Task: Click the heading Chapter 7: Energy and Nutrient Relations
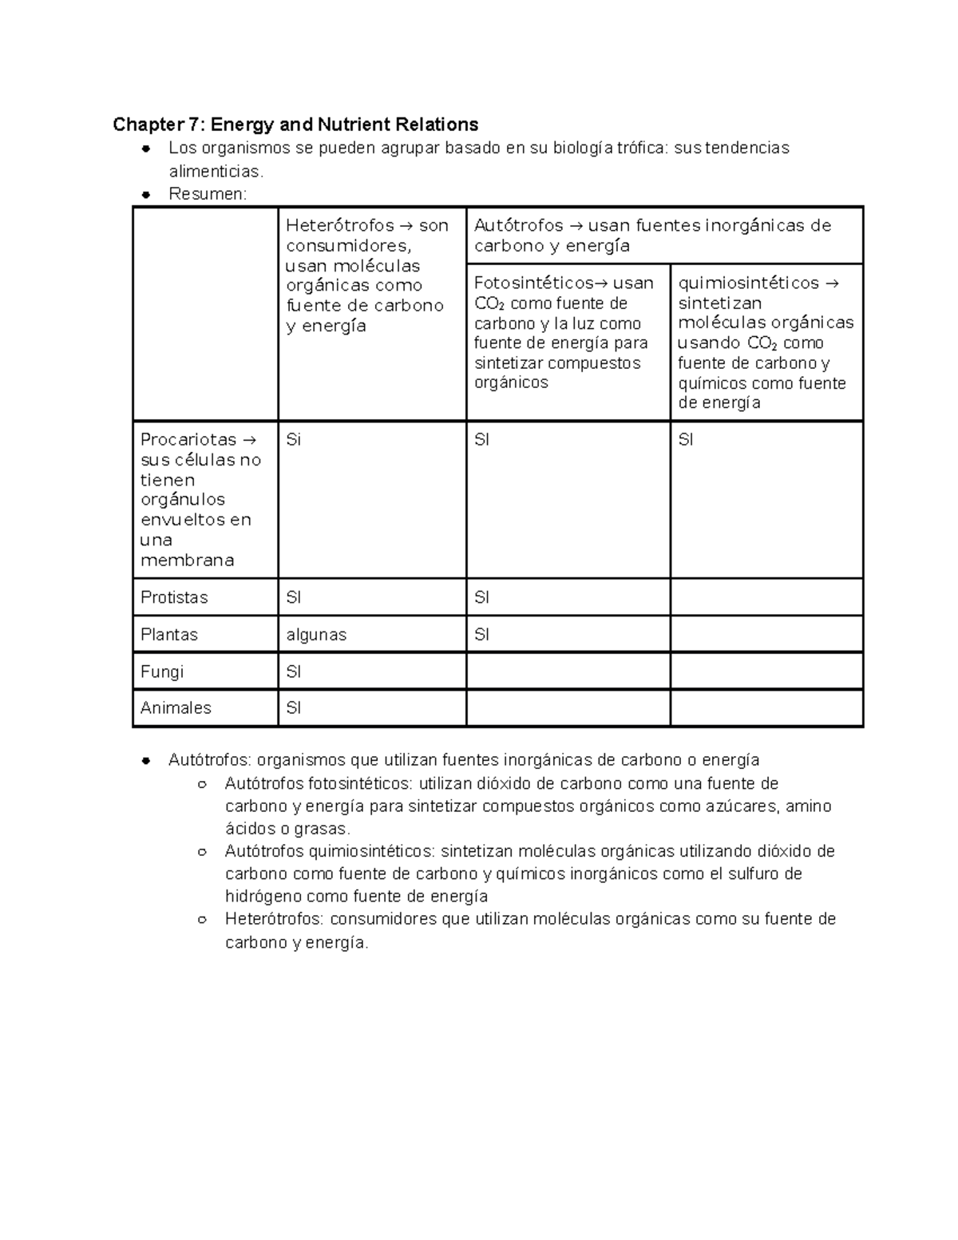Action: (x=295, y=125)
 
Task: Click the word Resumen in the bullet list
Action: (x=207, y=194)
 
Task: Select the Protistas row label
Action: (x=174, y=597)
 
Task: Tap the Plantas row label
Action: (x=169, y=635)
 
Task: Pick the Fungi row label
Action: (x=162, y=672)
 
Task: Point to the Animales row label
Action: (x=176, y=708)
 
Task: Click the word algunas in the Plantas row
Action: (x=317, y=635)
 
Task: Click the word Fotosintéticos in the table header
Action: (x=533, y=283)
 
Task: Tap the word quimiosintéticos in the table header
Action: (x=748, y=283)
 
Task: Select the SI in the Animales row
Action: (x=293, y=708)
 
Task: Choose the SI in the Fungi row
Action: (x=293, y=672)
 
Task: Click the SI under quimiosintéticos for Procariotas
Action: (x=686, y=440)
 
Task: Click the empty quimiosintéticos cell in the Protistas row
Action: (x=766, y=597)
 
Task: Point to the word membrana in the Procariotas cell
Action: (x=187, y=561)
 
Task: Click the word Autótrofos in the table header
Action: (x=519, y=226)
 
